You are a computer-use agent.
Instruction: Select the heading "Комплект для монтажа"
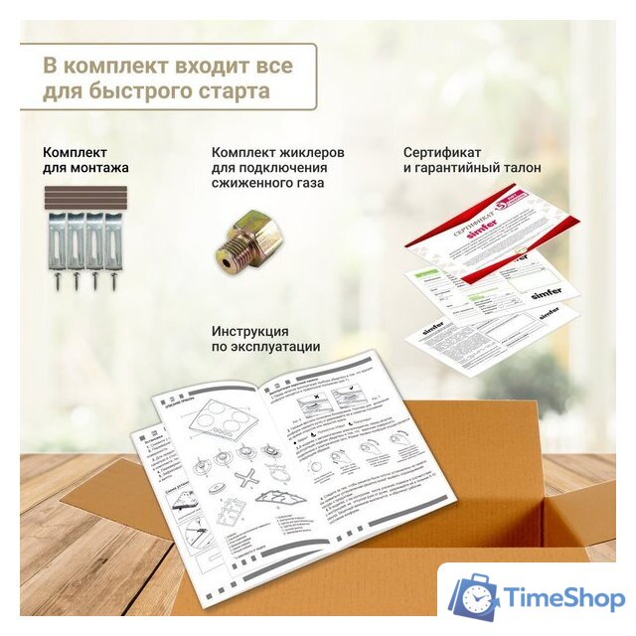tap(85, 160)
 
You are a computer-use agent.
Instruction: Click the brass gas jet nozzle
tap(248, 238)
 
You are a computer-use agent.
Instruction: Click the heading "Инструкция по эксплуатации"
tap(265, 338)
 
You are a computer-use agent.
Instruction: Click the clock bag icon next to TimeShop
tap(473, 598)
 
